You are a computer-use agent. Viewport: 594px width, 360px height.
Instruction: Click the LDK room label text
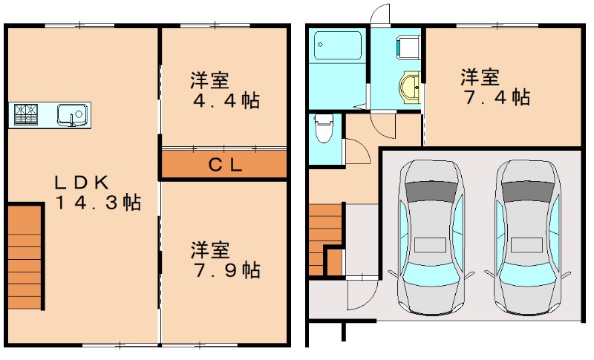click(82, 182)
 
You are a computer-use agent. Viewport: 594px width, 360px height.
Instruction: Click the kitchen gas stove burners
click(27, 114)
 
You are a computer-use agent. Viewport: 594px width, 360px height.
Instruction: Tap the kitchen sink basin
click(73, 115)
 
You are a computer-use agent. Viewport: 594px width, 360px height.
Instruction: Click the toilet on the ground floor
click(323, 130)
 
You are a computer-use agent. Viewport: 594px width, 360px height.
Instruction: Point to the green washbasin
click(409, 87)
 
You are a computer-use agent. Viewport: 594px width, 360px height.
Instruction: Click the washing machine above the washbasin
click(408, 48)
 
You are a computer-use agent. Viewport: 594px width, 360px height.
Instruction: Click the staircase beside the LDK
click(25, 256)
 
